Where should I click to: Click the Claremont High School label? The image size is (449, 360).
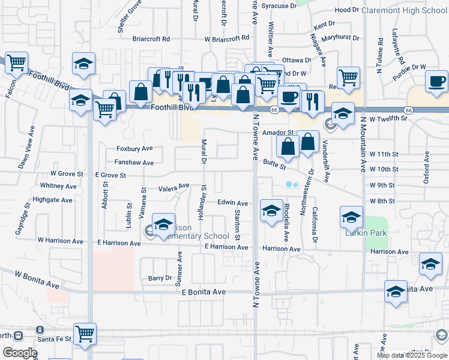[409, 10]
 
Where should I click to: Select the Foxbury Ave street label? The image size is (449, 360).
[135, 148]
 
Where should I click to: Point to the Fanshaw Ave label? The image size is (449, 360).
[134, 163]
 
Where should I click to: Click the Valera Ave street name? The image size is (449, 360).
[173, 187]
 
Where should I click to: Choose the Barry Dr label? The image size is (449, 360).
[160, 278]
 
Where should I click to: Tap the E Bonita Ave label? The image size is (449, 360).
[203, 292]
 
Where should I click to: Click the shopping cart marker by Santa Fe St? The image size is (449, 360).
[85, 335]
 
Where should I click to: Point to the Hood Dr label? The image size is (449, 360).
[346, 10]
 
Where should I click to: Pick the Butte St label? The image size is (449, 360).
[274, 162]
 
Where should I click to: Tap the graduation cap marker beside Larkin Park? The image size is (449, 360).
[351, 217]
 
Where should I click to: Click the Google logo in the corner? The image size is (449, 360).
[20, 353]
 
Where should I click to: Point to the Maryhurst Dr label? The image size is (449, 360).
[340, 38]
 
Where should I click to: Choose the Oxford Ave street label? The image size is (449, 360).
[426, 167]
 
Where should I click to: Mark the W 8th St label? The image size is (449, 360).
[382, 201]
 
